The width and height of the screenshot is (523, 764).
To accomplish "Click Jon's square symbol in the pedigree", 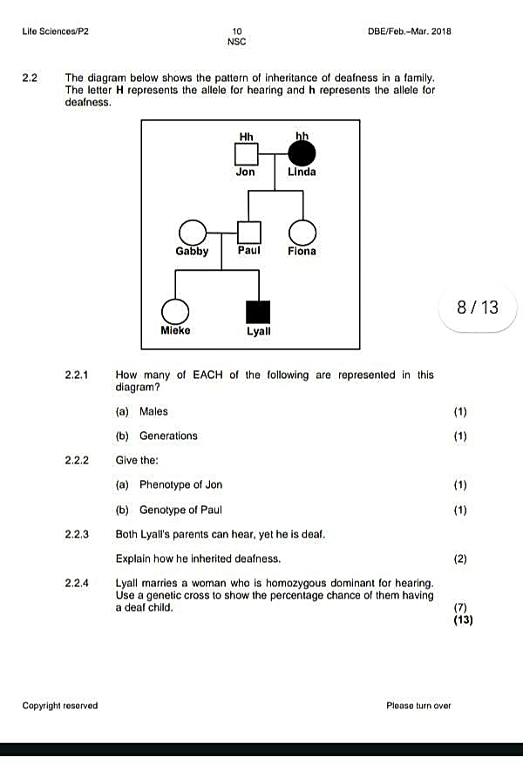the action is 246,154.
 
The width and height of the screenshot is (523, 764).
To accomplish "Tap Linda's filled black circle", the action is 302,153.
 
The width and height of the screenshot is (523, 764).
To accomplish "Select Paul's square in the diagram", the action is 249,232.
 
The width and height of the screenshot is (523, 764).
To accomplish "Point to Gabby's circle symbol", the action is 193,232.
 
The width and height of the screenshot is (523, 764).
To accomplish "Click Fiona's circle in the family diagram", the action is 302,233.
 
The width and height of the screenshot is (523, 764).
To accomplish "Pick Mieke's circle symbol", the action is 175,311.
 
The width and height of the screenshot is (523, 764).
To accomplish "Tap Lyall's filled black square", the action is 258,312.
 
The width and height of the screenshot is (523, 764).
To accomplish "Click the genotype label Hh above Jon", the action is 246,137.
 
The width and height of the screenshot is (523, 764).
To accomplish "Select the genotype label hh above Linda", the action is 302,135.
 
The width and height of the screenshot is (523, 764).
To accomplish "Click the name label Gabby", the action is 192,251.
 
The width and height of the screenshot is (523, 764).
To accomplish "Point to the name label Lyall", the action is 258,331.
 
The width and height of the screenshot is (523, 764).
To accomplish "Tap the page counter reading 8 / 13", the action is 478,308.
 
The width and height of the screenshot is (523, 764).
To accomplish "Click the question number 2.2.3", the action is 77,534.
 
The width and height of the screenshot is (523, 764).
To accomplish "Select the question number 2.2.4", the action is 77,583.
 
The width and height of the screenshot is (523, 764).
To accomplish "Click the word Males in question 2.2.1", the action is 153,411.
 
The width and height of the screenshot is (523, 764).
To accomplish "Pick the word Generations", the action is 168,436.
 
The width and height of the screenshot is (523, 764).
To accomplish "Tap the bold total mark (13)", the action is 463,619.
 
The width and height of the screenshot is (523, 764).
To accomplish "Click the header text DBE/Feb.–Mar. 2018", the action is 410,31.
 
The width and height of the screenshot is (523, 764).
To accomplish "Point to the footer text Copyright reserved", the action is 60,706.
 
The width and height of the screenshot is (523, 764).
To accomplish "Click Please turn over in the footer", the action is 418,706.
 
